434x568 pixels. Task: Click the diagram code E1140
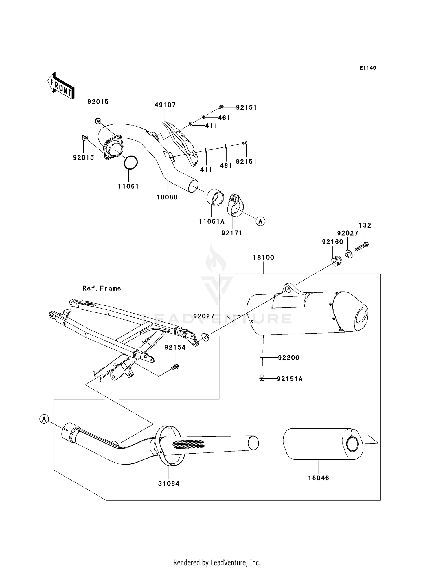click(x=367, y=68)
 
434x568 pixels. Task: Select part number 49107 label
click(x=165, y=105)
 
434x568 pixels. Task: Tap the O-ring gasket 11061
click(x=130, y=163)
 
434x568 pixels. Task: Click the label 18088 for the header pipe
click(x=167, y=197)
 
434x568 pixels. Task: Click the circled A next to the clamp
click(x=260, y=221)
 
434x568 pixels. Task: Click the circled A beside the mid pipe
click(x=44, y=419)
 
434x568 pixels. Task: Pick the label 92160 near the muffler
click(x=332, y=242)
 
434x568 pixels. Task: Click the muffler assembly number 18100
click(x=263, y=258)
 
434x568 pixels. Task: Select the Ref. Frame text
click(x=102, y=289)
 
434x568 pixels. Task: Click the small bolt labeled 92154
click(x=175, y=367)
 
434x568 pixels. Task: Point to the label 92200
click(x=288, y=358)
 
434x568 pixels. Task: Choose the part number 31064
click(x=169, y=484)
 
